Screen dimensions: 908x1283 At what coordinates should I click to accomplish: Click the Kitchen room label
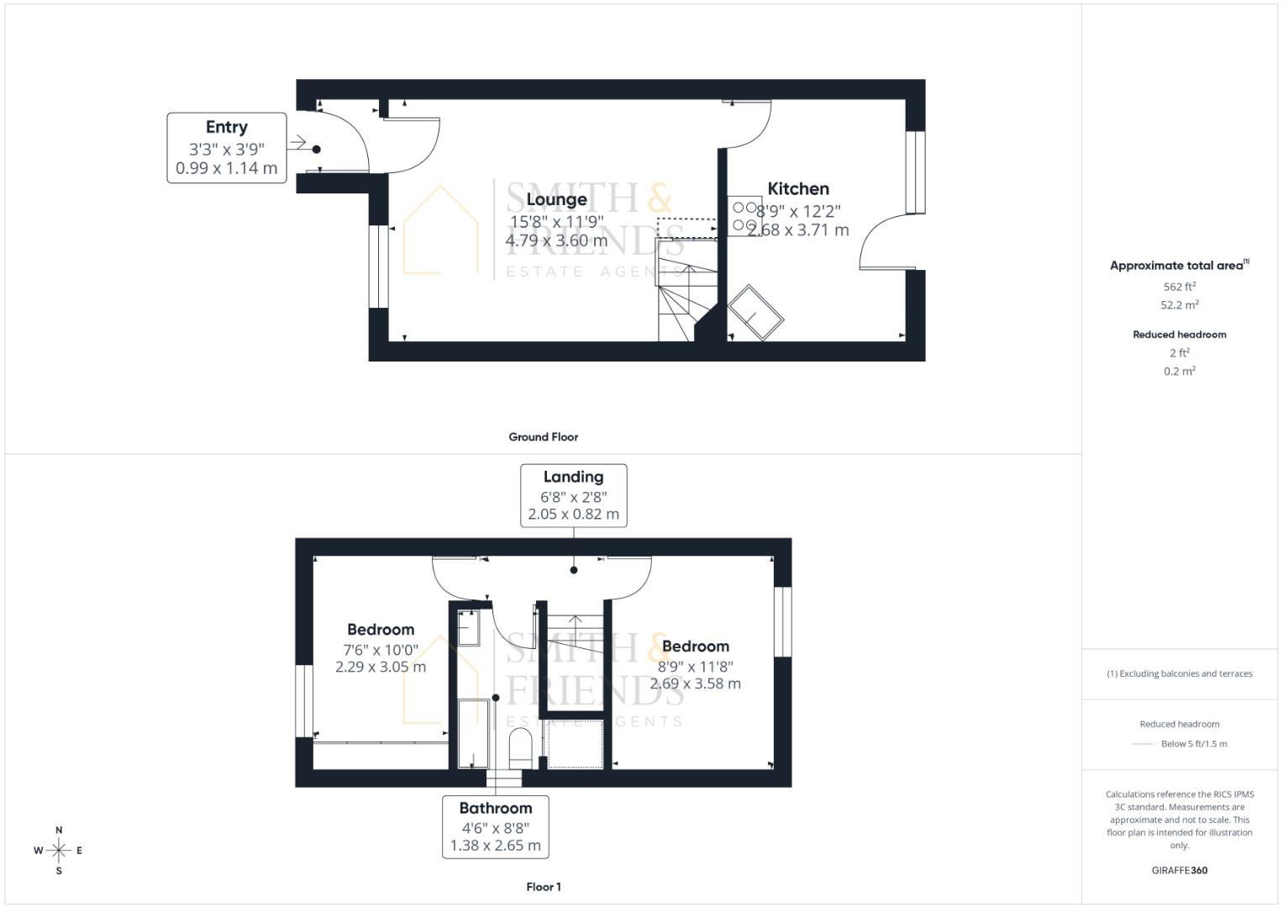click(x=798, y=189)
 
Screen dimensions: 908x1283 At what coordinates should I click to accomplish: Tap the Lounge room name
click(x=556, y=200)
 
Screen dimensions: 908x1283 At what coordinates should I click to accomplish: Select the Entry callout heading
click(x=227, y=127)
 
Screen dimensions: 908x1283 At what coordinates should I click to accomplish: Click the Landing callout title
click(x=573, y=477)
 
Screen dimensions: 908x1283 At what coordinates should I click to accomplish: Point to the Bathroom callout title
click(x=496, y=808)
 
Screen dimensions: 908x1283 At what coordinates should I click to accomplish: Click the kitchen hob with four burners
click(x=744, y=216)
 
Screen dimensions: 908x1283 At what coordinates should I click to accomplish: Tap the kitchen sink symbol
click(x=756, y=313)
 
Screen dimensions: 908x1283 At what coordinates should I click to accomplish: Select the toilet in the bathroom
click(x=521, y=747)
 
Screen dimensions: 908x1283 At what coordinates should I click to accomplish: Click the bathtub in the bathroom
click(x=473, y=733)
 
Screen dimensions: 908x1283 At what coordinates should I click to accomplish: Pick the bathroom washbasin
click(x=467, y=627)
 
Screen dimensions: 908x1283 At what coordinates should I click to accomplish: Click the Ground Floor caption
click(x=544, y=437)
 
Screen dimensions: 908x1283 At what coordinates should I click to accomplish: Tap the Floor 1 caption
click(x=544, y=887)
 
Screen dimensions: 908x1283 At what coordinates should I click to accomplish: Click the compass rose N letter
click(x=59, y=831)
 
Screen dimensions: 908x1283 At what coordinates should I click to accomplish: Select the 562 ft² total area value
click(x=1180, y=287)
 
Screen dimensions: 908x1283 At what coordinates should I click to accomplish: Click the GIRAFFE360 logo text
click(x=1180, y=870)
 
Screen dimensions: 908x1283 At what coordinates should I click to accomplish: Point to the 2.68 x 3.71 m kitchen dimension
click(x=798, y=230)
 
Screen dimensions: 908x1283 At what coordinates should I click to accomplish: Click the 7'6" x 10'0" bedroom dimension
click(x=381, y=650)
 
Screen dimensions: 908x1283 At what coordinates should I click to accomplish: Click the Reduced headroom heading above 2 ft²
click(x=1180, y=335)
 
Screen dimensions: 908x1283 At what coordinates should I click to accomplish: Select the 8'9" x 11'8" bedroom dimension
click(x=696, y=667)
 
